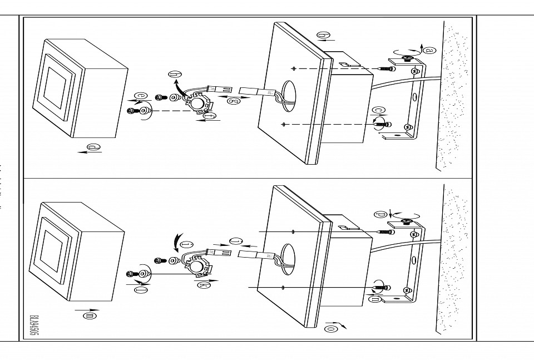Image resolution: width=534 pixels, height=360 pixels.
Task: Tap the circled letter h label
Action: (x=176, y=73)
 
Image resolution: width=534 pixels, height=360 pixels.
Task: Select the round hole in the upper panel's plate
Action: (x=288, y=91)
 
